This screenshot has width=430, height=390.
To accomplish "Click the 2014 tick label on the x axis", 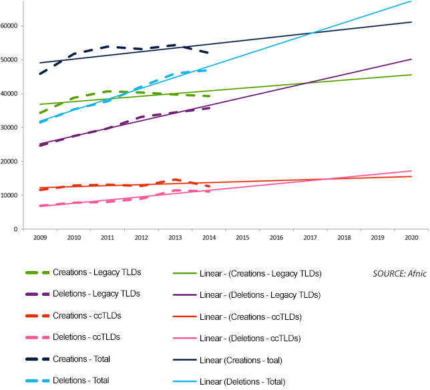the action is pos(209,238).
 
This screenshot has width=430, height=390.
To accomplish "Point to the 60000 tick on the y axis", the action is pos(9,26).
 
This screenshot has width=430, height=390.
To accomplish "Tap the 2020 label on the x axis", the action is pos(411,238).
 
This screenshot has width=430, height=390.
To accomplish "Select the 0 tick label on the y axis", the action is pos(15,229).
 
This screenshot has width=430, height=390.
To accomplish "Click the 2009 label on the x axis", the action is pos(40,238).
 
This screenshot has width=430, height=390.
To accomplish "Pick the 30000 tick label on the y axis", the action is pos(9,128).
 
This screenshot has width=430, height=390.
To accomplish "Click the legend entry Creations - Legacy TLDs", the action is pos(97,272).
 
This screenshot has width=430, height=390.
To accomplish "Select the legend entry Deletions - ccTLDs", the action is pos(86,337).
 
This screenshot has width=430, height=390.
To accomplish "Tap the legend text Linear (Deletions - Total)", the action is pos(242,382).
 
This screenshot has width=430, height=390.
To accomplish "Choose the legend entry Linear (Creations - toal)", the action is pos(241,361).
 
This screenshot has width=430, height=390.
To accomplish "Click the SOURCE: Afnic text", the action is pos(399,274).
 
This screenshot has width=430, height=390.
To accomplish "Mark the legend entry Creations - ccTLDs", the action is pos(87,316).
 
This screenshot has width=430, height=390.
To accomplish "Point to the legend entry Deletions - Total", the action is pos(81,381).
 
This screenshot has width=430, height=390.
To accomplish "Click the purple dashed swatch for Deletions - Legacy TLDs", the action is pos(37,295).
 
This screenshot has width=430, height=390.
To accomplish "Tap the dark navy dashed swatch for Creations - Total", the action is pos(37,359).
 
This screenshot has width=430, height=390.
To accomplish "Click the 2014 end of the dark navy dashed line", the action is pos(209,53).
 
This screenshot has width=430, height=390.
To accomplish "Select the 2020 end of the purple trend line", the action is pos(411,59).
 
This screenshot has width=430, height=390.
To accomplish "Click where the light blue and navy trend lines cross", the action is pos(313,33).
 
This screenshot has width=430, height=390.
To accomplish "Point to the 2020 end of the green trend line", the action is pos(411,75).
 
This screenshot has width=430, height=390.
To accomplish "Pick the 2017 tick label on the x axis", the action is pos(310,238).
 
